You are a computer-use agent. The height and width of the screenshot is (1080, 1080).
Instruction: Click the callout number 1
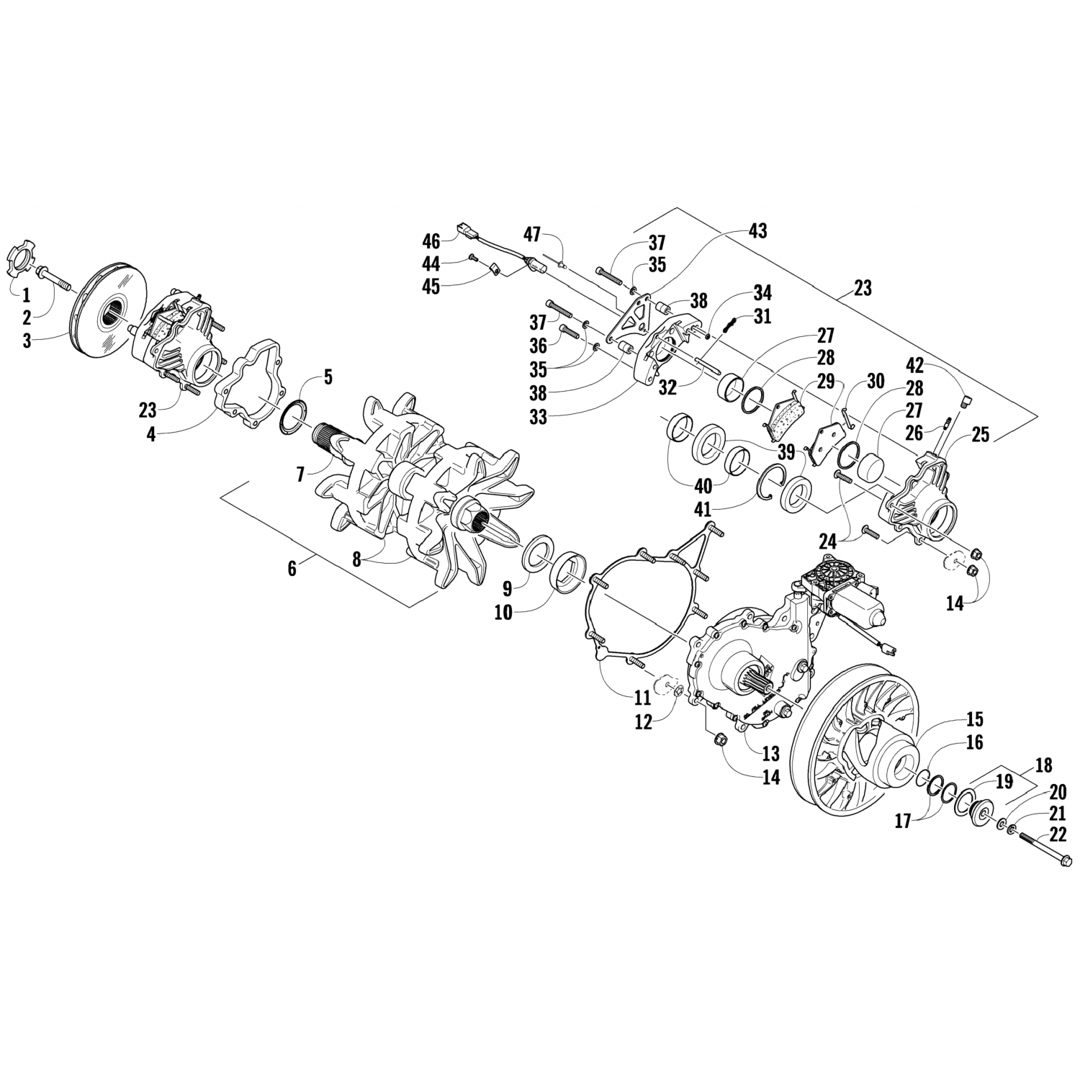click(26, 294)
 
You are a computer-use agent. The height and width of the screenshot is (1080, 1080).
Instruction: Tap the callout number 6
click(292, 568)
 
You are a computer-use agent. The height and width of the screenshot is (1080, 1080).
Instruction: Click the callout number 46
click(431, 240)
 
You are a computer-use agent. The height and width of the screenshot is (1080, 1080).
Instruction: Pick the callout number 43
click(757, 231)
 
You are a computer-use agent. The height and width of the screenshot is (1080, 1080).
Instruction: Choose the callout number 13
click(770, 753)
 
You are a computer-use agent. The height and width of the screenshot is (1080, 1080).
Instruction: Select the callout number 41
click(702, 509)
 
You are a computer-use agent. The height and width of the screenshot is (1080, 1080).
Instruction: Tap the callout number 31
click(762, 315)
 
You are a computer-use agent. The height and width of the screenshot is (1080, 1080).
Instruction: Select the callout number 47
click(531, 234)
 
